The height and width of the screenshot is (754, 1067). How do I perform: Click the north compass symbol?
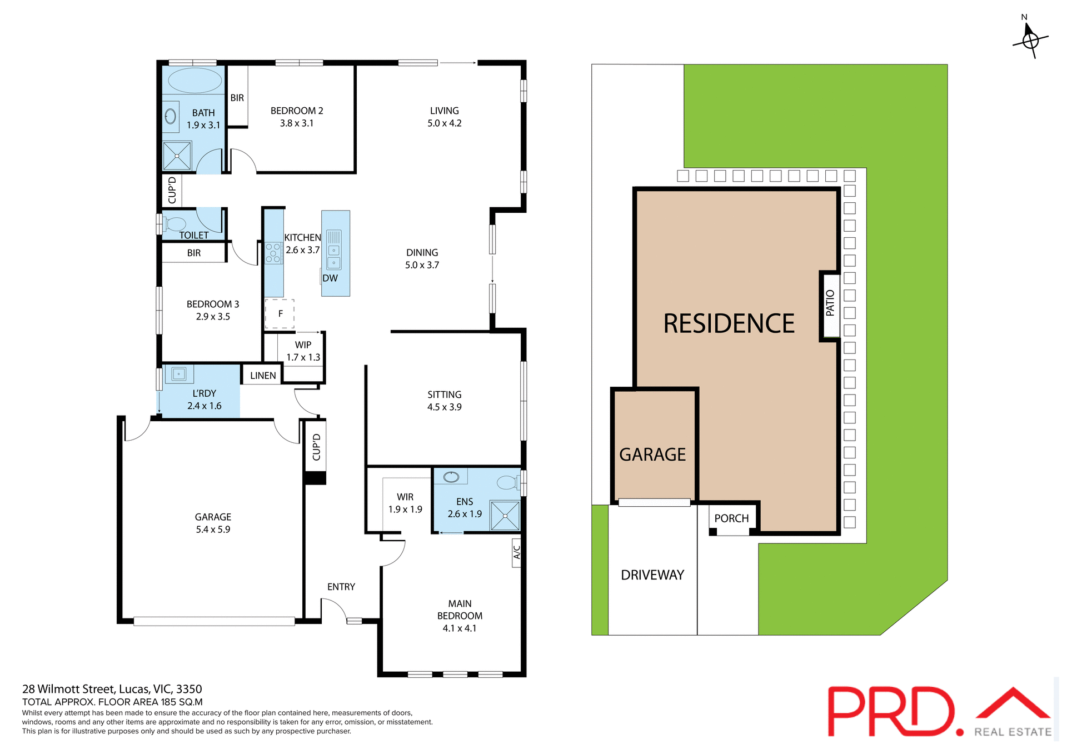1030,40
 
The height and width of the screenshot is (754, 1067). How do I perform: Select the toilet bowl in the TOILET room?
175,224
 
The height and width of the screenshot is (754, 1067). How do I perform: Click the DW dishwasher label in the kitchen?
330,278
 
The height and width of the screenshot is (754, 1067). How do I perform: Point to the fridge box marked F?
280,314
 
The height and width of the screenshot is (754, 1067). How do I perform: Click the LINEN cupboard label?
263,376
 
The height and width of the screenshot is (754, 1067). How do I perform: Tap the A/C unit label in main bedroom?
516,552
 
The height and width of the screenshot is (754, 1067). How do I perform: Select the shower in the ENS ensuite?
505,516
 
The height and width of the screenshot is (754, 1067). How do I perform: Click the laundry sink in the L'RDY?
179,374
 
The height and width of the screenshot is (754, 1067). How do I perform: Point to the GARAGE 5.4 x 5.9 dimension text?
213,529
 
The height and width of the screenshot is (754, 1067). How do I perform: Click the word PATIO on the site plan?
830,303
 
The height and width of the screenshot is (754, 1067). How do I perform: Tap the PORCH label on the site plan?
731,518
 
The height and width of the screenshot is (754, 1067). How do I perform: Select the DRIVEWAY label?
652,575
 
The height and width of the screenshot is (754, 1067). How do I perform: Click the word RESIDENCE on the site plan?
729,324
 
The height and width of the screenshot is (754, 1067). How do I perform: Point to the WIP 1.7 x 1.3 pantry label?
303,351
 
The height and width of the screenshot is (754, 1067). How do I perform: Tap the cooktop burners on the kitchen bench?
273,252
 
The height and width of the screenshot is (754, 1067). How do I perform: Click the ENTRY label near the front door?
341,587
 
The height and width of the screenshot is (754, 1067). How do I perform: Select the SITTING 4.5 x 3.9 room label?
444,401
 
